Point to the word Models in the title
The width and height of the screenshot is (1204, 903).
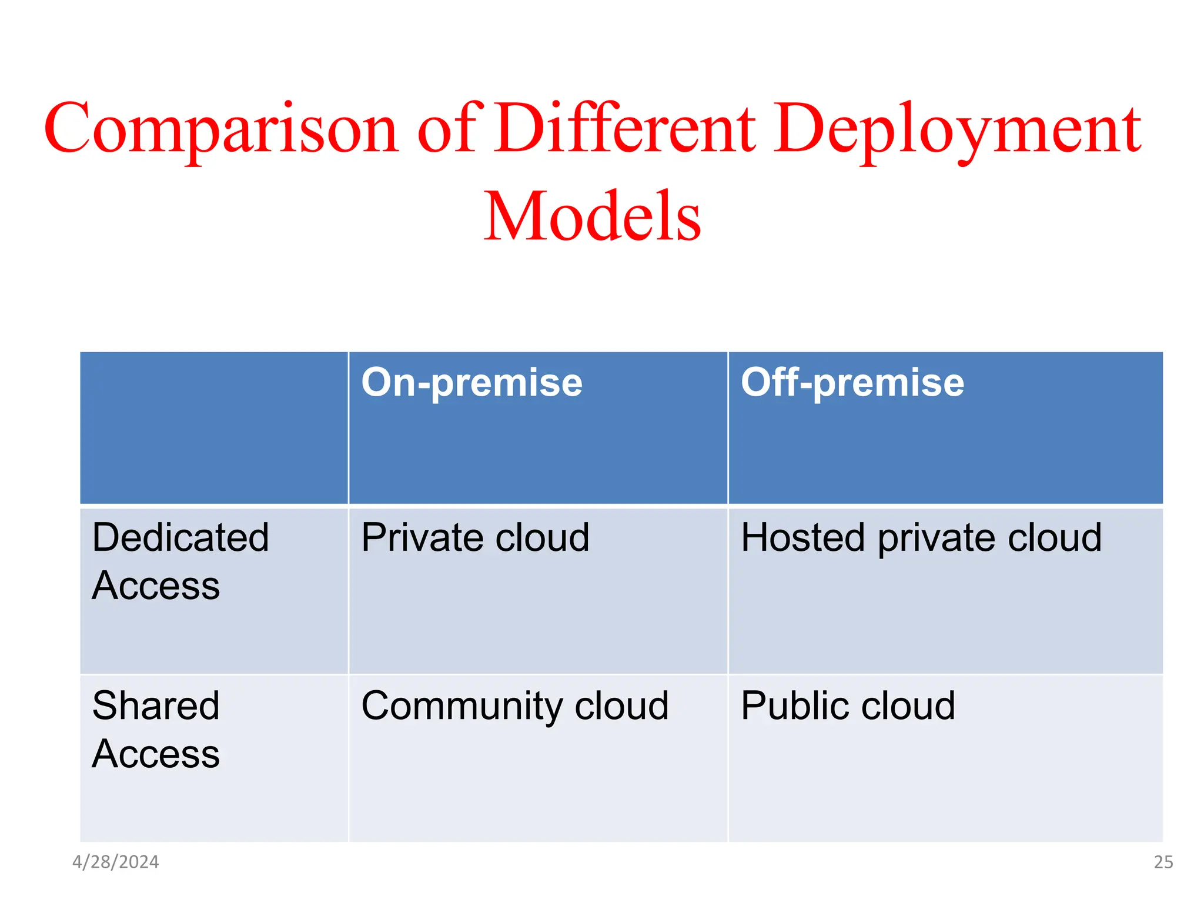592,216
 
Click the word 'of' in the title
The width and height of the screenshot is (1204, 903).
450,128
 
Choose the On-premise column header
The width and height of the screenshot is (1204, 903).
471,383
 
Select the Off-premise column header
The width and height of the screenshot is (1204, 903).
852,383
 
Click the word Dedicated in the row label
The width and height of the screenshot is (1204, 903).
180,537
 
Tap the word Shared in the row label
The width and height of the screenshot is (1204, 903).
156,705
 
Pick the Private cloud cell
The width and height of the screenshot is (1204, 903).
475,537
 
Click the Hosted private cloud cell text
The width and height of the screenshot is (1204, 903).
921,539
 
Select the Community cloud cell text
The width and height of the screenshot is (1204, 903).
515,706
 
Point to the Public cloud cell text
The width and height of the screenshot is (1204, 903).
848,705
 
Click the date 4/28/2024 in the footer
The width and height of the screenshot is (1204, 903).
115,862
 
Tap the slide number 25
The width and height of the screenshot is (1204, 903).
1163,862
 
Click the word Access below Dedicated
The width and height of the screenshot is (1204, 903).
156,586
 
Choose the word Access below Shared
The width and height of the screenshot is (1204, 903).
156,754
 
